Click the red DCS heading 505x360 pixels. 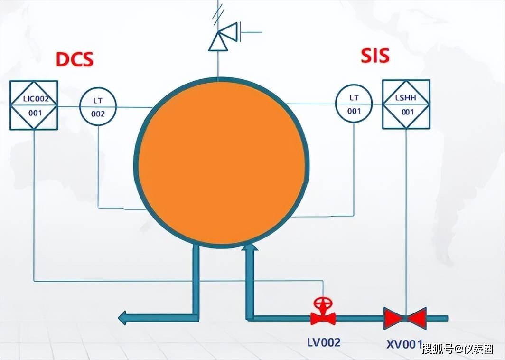75,59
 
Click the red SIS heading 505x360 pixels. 375,56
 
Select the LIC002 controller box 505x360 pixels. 34,105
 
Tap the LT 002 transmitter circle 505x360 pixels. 98,106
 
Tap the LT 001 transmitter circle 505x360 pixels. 354,103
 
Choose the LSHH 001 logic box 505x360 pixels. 406,104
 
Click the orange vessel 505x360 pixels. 221,163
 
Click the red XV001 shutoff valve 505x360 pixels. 405,318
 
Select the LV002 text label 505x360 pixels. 324,342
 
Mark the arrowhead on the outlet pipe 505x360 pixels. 123,318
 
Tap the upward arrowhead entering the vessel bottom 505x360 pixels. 250,247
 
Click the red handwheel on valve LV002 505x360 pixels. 322,303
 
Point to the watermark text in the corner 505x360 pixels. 458,349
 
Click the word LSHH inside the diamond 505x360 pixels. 405,97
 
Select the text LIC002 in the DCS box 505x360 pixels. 36,98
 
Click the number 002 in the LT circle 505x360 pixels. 98,114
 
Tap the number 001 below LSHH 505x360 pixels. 408,112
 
